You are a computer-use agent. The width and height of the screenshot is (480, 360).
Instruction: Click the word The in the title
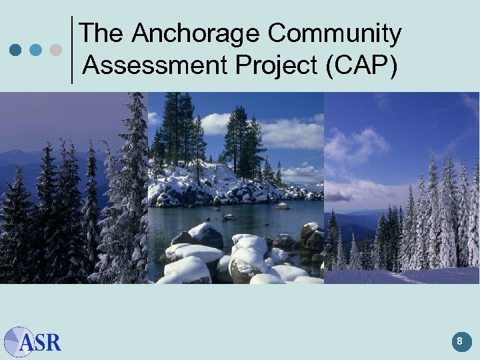coord(102,33)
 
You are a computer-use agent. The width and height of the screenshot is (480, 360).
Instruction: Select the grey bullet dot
coord(57,50)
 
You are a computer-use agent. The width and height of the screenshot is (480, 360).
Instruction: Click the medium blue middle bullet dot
coord(37,50)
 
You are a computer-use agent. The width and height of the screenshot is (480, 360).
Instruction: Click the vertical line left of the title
coord(71,50)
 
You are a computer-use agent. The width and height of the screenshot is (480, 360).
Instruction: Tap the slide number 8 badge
coord(459,342)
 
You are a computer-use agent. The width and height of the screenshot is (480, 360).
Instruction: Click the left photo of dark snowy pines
coord(73,200)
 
